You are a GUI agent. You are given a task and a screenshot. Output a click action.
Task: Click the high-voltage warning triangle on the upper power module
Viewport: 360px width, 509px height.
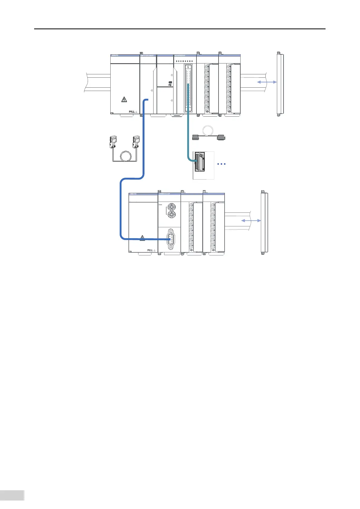[x=124, y=99]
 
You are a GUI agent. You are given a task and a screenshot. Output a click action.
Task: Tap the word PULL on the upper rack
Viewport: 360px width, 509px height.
[x=132, y=112]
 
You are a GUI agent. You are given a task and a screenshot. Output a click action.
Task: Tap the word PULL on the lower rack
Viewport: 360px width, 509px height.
[x=150, y=250]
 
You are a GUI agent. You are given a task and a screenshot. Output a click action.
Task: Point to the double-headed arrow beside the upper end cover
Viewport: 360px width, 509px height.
[x=267, y=82]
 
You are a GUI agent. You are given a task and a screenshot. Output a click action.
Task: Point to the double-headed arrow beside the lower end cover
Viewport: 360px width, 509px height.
[x=251, y=221]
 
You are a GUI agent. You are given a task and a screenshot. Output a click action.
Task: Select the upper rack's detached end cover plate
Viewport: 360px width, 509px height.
[x=280, y=84]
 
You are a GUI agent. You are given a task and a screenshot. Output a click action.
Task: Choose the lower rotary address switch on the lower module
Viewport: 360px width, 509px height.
[x=171, y=216]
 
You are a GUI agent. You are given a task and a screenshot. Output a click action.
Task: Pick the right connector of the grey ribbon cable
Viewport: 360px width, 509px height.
[x=221, y=138]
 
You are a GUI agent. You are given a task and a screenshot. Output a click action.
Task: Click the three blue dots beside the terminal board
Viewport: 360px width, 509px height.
[x=222, y=164]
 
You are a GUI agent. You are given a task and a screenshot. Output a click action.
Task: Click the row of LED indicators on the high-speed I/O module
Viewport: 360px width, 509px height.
[x=185, y=61]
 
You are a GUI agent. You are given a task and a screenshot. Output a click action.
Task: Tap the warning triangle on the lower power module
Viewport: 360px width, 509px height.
[x=142, y=238]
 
